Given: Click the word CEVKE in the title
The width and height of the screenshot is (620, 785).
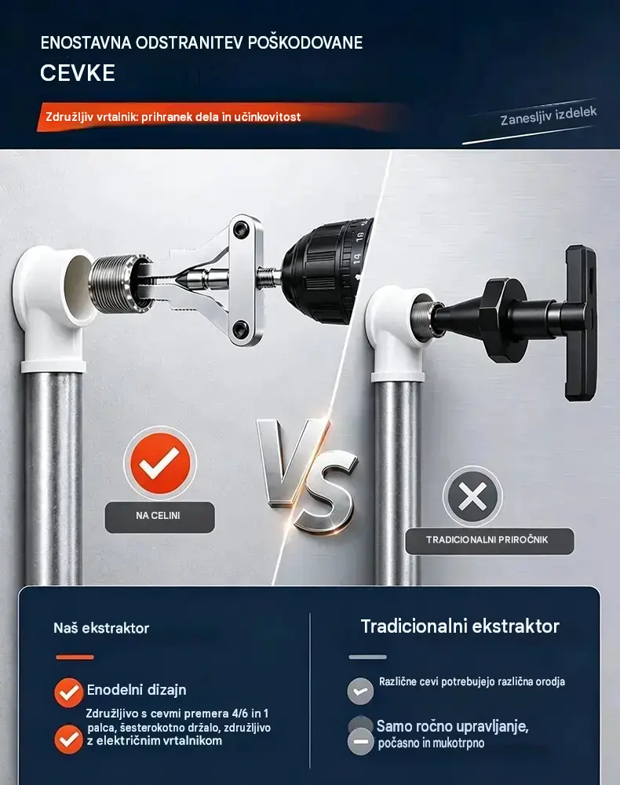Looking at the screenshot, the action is [x=78, y=73].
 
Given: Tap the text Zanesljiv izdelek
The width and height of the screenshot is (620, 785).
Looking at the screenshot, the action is [x=549, y=116].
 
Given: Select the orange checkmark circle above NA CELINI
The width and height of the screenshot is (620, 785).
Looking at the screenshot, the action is [x=160, y=463].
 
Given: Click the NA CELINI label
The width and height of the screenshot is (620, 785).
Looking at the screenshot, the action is [x=158, y=516].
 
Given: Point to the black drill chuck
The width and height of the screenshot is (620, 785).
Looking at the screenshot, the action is [x=328, y=273].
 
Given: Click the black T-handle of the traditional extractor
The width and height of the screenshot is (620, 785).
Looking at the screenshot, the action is [x=581, y=323].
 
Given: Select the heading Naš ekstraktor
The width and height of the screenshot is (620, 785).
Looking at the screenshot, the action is [x=101, y=628].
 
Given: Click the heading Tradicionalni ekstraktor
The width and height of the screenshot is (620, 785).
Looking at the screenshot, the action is [x=460, y=626].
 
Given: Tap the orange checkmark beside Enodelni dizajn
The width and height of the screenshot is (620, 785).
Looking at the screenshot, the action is [x=68, y=692].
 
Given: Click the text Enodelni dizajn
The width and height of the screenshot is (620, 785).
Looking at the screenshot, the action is [x=137, y=690].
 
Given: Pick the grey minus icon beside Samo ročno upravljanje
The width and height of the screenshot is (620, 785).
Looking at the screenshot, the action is [x=360, y=741].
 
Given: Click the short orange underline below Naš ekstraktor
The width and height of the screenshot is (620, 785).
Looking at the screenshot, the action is [x=75, y=657].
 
